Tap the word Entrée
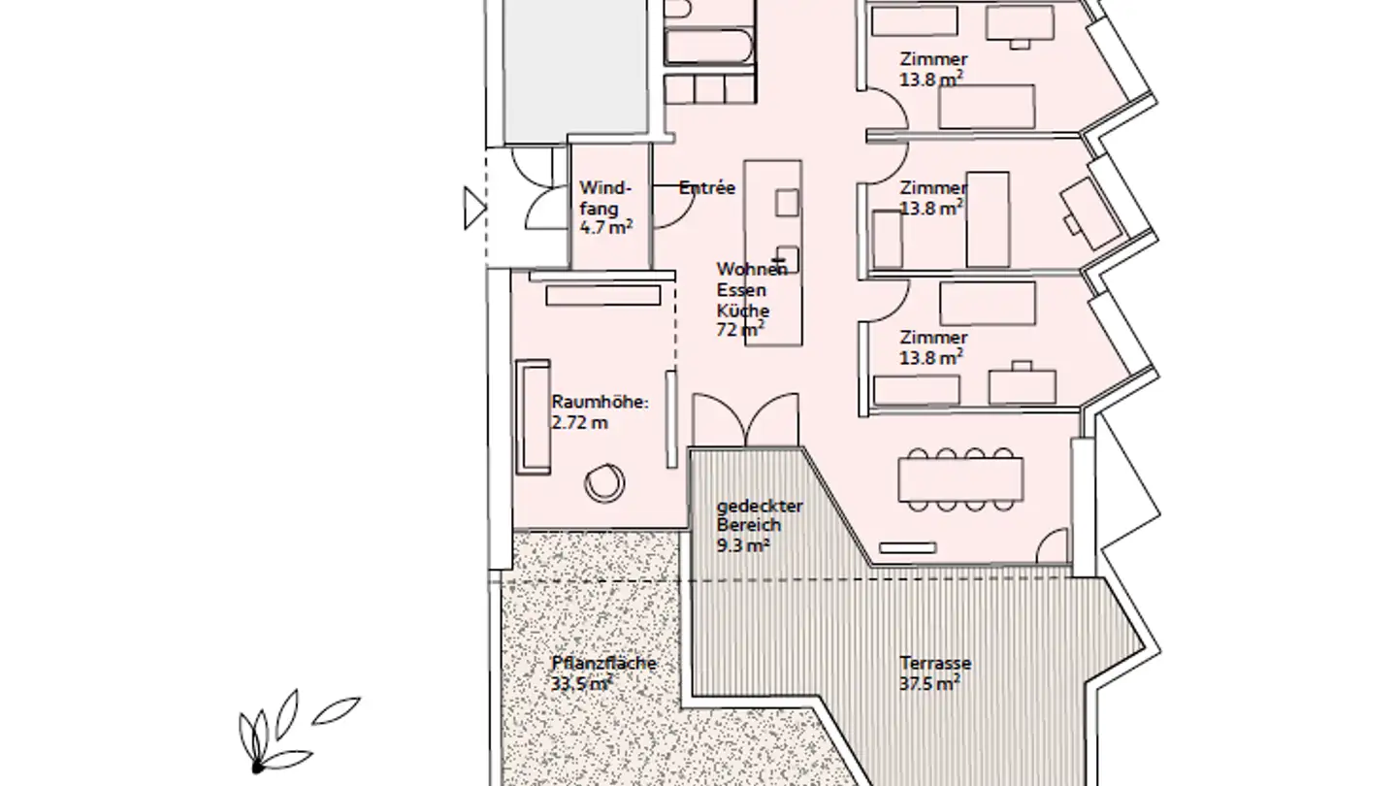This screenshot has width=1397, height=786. tap(707, 188)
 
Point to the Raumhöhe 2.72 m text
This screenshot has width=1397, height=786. tap(600, 411)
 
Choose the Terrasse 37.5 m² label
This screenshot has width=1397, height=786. tap(934, 672)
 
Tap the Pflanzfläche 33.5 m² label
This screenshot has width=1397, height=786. tap(603, 672)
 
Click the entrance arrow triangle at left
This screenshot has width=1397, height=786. tap(473, 208)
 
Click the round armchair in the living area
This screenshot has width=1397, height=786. tap(605, 481)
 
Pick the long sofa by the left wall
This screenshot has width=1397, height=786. tap(533, 416)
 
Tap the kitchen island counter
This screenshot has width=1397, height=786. tap(773, 252)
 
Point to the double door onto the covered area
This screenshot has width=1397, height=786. tap(745, 419)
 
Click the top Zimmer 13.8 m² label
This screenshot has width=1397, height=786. tap(933, 69)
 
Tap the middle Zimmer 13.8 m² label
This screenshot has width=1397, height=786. tap(932, 197)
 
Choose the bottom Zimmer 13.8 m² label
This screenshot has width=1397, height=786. tap(932, 346)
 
